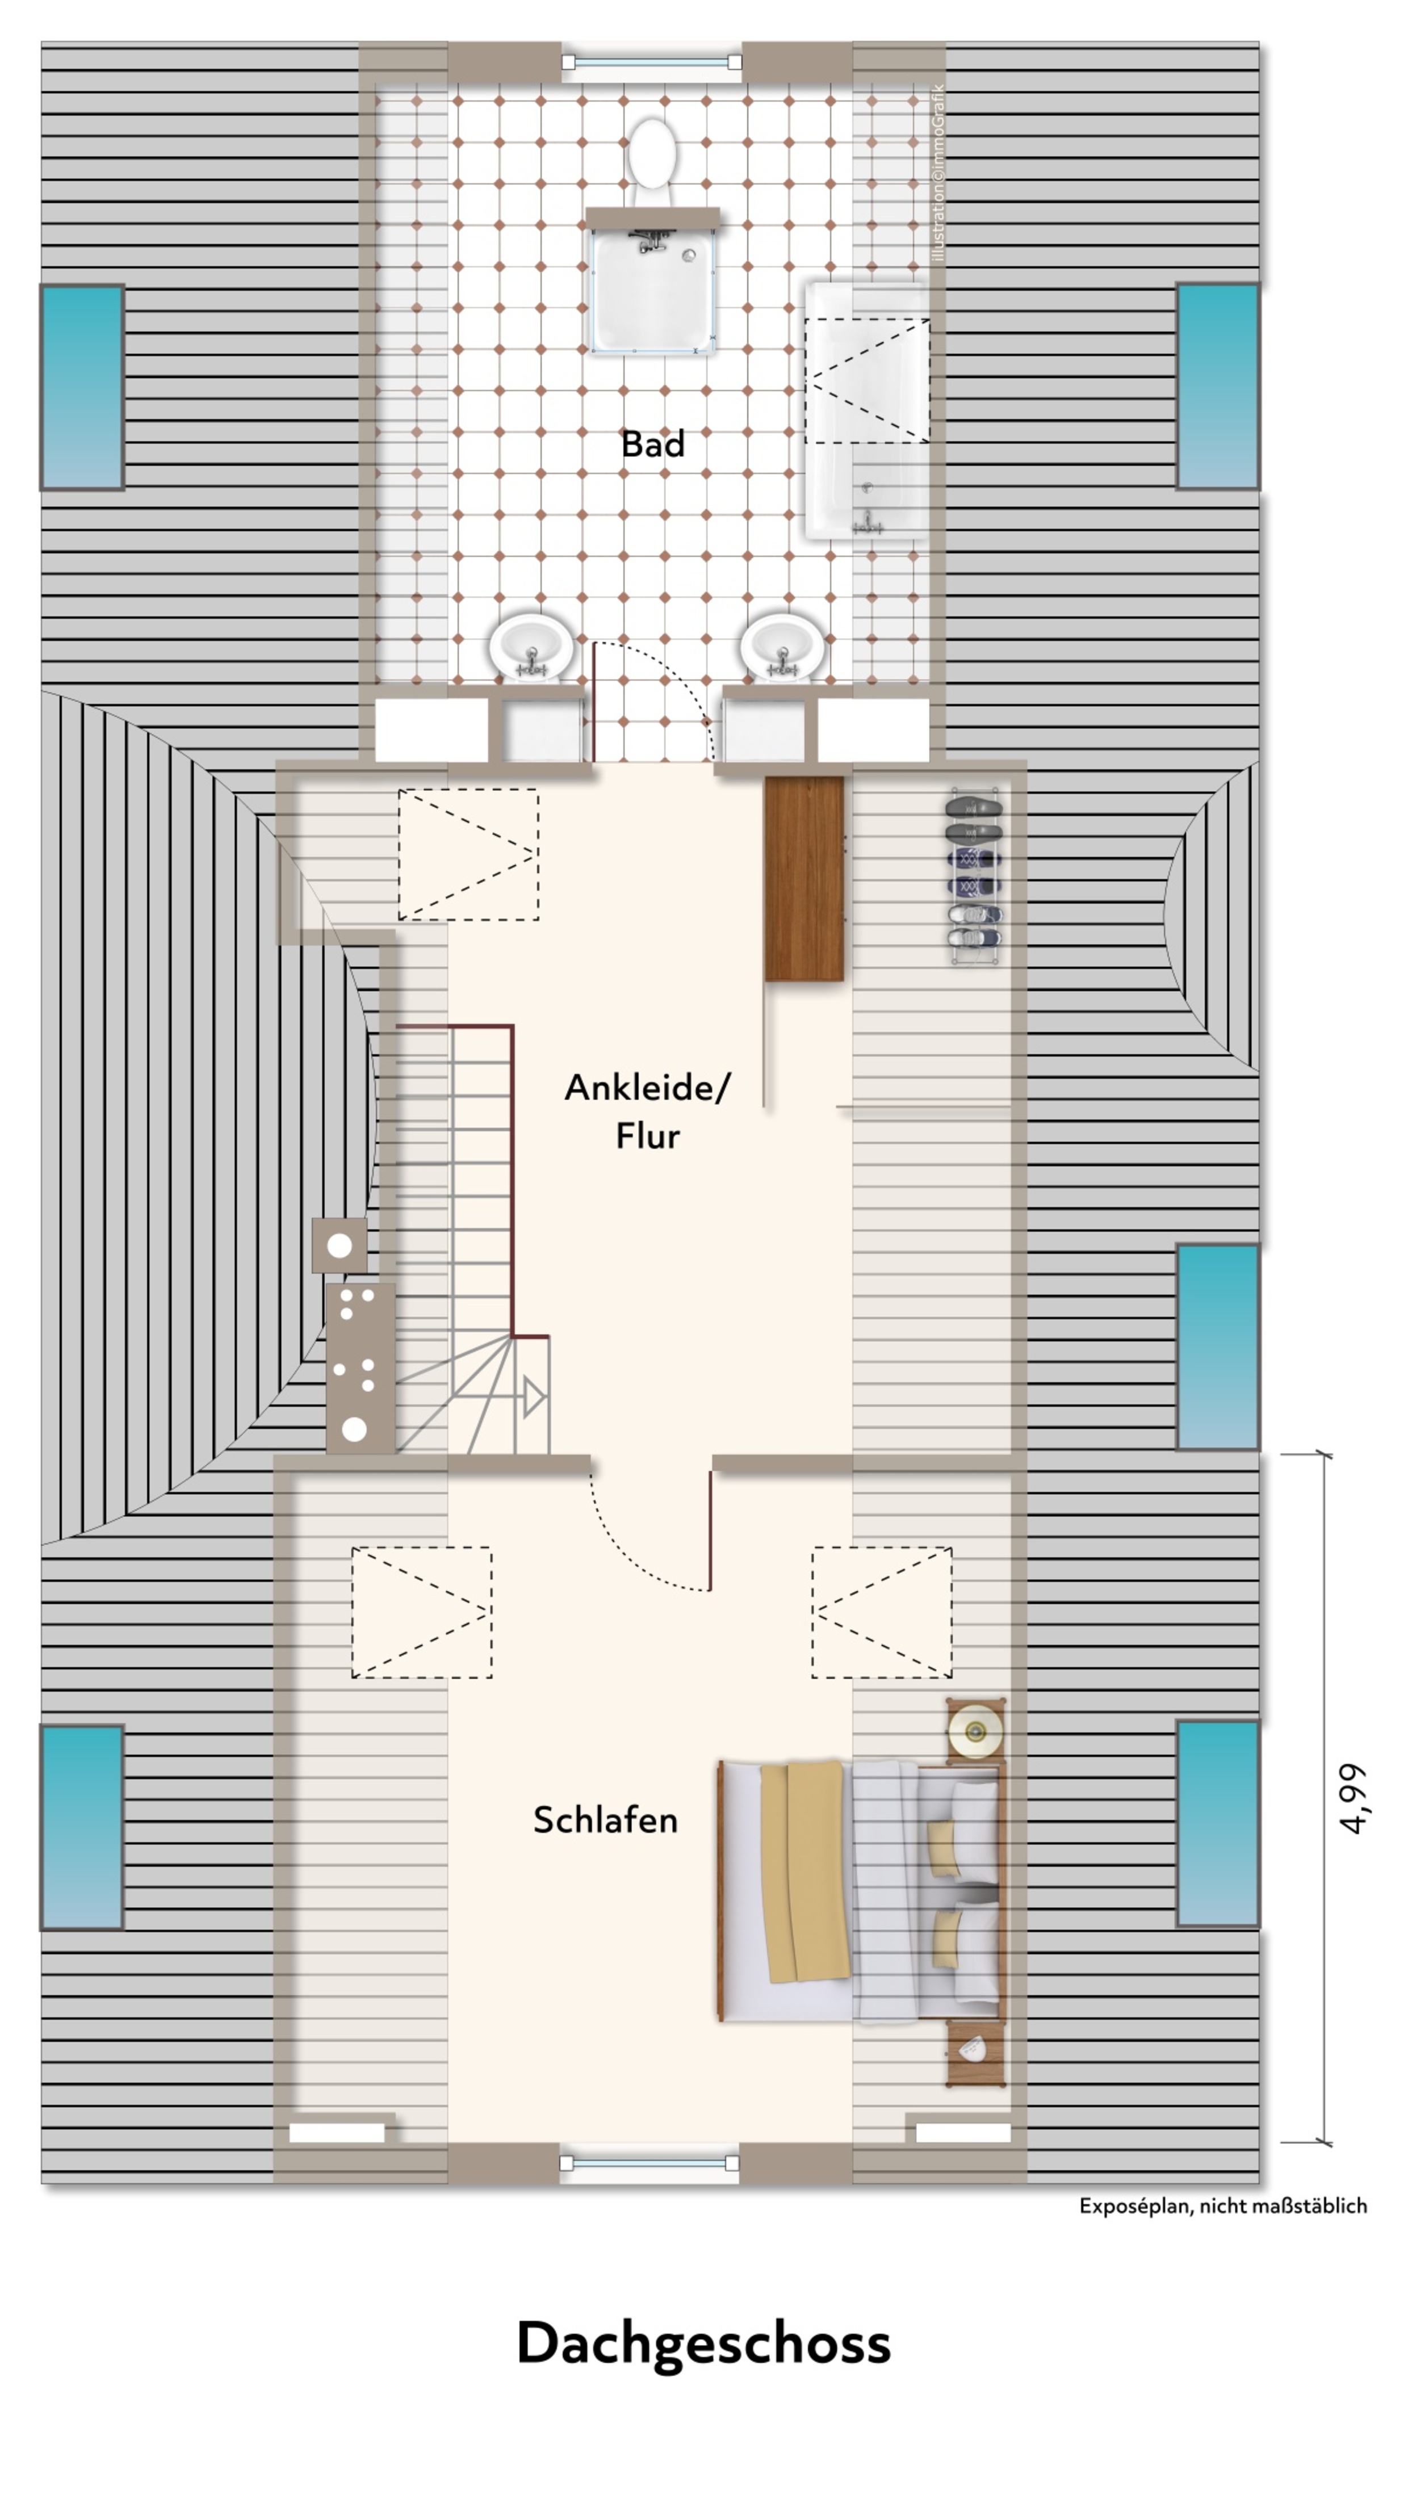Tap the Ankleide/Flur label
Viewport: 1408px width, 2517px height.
pos(647,1111)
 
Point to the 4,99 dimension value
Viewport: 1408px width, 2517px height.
pos(1352,1799)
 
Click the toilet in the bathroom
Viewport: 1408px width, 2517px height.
pos(652,161)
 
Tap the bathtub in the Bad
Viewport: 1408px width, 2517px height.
pos(866,410)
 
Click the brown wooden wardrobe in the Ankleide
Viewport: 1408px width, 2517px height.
pos(804,878)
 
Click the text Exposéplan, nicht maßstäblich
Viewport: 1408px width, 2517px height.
pos(1222,2206)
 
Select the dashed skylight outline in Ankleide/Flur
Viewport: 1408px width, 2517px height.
pos(468,854)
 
